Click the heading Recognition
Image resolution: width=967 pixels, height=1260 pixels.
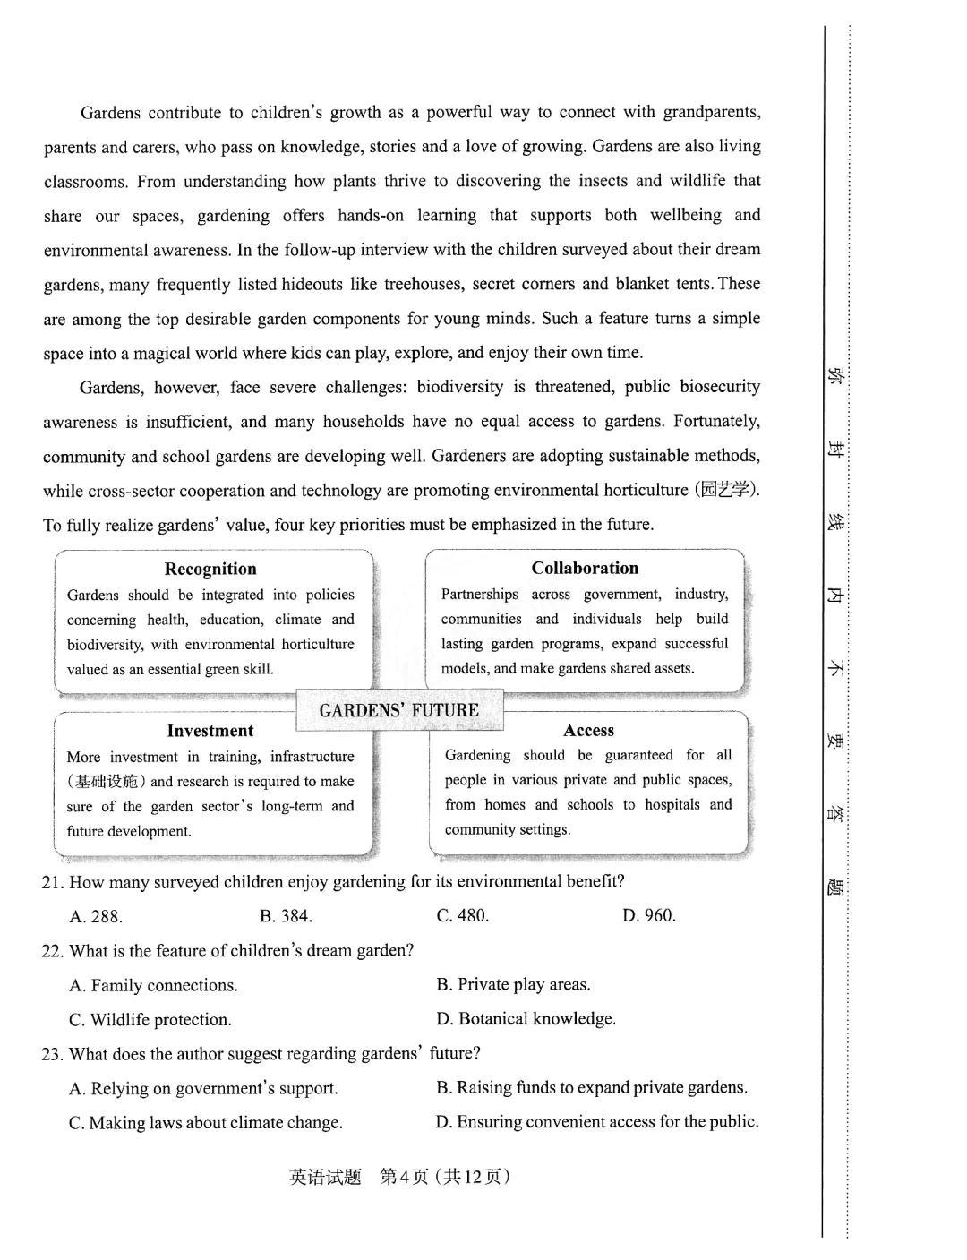(210, 569)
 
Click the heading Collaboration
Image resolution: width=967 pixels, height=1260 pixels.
(585, 568)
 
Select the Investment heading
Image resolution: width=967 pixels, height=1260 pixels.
(210, 731)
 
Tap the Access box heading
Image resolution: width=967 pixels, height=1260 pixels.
(589, 731)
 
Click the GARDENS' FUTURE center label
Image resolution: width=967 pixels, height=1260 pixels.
(399, 710)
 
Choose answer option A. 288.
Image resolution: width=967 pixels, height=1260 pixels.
(96, 916)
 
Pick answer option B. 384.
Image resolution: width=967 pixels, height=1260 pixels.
(286, 916)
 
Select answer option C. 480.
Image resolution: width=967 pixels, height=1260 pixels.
(463, 915)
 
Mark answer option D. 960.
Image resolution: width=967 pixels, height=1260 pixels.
(649, 915)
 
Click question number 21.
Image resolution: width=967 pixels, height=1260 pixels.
(53, 882)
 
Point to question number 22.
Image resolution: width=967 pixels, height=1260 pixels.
(53, 951)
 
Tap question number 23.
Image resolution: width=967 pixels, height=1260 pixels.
(53, 1054)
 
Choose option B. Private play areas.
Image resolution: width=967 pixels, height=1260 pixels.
(513, 985)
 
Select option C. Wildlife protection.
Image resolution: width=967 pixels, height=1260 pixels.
(150, 1020)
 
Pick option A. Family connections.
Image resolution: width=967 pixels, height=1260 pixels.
(153, 986)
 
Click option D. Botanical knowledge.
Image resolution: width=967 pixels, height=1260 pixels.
(526, 1019)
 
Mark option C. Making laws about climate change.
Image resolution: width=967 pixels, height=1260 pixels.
(205, 1123)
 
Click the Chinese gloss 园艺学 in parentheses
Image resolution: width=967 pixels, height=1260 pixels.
(726, 490)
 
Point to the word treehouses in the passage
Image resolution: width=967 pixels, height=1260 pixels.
(422, 284)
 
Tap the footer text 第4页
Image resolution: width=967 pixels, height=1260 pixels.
(404, 1177)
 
